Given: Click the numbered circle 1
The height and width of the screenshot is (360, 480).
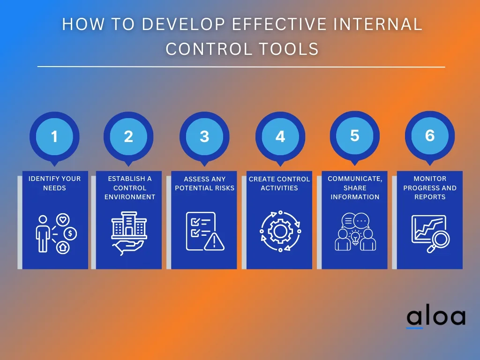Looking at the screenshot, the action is [54, 136].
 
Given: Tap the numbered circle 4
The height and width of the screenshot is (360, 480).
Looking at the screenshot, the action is [280, 136].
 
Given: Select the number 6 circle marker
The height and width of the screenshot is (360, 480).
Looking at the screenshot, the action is [430, 135].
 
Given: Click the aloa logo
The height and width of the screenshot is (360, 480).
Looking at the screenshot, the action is [436, 318].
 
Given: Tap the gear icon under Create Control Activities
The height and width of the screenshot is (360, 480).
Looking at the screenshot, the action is [280, 231].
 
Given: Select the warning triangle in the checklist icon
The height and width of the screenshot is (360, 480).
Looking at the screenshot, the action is [214, 242].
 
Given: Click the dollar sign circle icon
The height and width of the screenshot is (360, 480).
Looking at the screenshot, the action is [70, 234].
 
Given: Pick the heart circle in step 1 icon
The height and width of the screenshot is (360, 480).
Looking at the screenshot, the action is [63, 219].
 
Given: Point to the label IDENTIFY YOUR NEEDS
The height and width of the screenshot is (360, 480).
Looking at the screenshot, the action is [54, 183].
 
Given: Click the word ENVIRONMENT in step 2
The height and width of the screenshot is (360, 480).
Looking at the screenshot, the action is [130, 197].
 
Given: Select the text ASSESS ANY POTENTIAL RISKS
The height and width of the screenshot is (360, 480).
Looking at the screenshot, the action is [204, 183].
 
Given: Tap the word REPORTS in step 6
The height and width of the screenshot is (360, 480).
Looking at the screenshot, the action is [430, 197].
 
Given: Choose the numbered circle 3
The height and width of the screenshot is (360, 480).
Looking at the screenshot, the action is [204, 136].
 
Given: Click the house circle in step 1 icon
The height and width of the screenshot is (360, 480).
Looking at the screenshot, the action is [63, 247].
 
